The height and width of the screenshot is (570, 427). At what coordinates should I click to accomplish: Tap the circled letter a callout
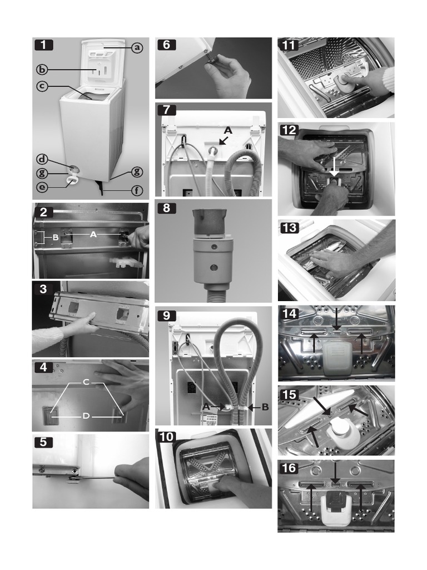point(137,48)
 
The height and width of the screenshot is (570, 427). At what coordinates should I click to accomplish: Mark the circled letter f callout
point(137,191)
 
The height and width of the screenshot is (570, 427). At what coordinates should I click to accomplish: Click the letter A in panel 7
point(227,130)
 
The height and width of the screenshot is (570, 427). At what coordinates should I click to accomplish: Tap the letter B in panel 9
point(265,407)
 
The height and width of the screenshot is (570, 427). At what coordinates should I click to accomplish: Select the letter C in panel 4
point(86,382)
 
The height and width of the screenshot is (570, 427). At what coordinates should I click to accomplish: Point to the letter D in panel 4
point(86,415)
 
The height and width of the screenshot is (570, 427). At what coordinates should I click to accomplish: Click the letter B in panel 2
point(55,238)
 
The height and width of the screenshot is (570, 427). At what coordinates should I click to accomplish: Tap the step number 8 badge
point(166,209)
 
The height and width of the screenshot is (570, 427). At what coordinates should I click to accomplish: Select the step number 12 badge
point(290,130)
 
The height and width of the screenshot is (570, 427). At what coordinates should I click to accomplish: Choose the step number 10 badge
point(167,436)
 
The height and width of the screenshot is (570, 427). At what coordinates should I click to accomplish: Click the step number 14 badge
point(290,313)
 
